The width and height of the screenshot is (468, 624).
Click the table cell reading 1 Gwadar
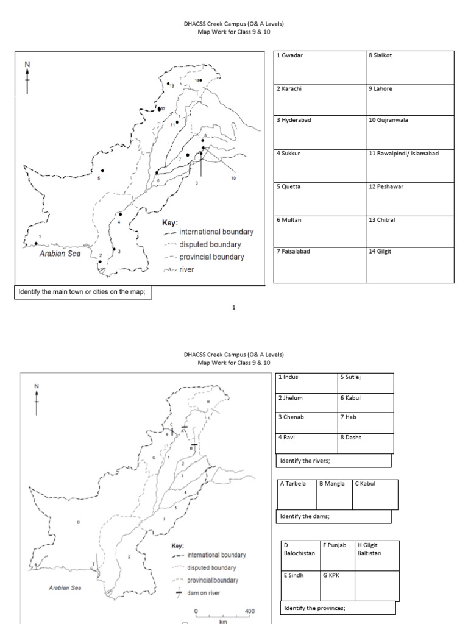[x=319, y=68]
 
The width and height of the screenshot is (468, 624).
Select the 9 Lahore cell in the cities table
[x=409, y=100]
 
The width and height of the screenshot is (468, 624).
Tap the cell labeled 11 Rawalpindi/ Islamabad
[x=409, y=165]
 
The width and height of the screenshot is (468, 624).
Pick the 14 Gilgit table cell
[x=409, y=264]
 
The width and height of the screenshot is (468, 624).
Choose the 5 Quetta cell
[x=319, y=199]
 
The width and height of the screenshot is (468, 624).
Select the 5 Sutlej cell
[x=366, y=383]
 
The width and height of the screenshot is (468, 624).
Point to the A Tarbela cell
[x=297, y=494]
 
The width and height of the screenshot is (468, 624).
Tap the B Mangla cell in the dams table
[x=335, y=494]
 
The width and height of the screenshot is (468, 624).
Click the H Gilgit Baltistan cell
[x=377, y=555]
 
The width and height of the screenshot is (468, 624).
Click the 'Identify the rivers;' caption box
[x=333, y=461]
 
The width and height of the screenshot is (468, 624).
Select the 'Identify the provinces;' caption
[x=338, y=608]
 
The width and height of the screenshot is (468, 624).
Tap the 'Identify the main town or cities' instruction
[x=83, y=292]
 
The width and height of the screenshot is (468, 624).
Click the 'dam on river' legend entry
[x=203, y=592]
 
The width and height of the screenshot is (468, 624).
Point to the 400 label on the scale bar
[x=249, y=611]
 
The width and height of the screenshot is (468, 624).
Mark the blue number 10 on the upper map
[x=233, y=178]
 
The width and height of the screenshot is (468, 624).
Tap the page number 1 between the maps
[x=234, y=308]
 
